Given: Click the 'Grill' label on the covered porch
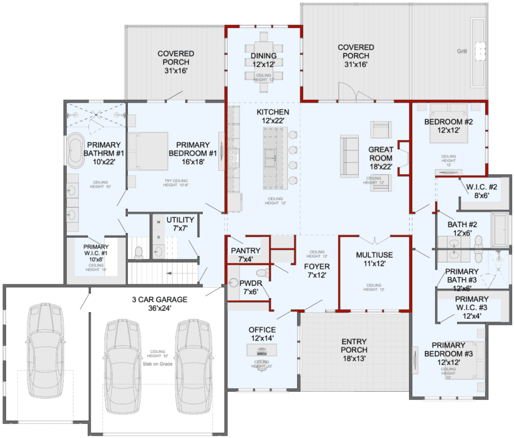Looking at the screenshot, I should (462, 51).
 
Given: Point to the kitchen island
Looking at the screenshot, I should (272, 158).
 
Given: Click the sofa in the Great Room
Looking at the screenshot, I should (350, 154).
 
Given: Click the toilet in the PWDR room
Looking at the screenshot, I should (262, 273).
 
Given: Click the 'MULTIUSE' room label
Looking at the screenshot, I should (374, 255).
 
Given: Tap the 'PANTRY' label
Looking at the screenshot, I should (245, 250).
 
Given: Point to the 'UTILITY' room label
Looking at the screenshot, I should (181, 220).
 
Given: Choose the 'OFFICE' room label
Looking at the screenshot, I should (262, 330).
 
